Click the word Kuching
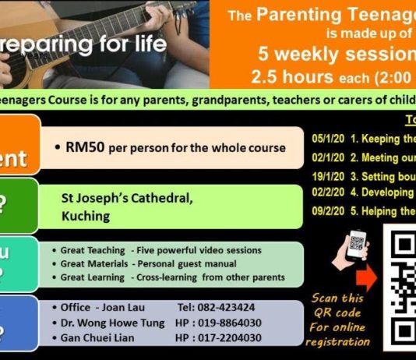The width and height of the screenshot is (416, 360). pos(87,214)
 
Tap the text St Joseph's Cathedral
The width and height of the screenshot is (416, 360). pos(128,198)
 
